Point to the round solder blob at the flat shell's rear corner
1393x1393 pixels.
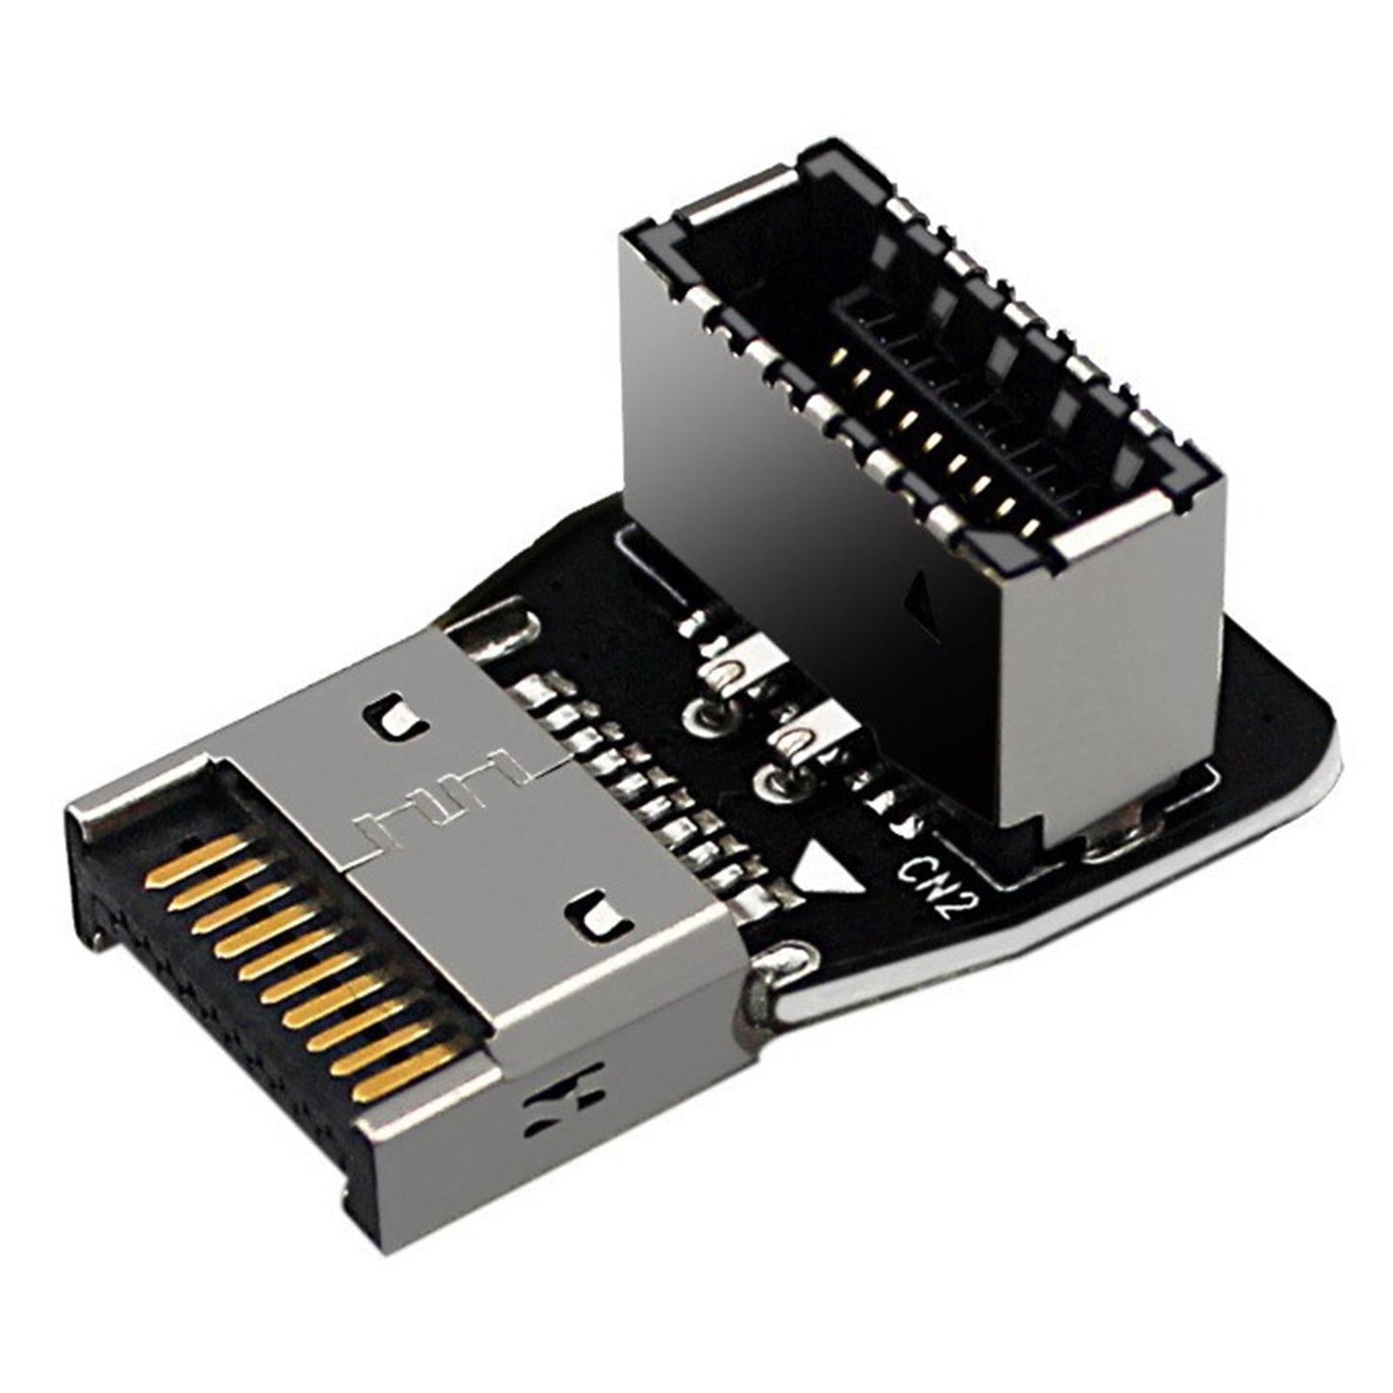(x=782, y=964)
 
